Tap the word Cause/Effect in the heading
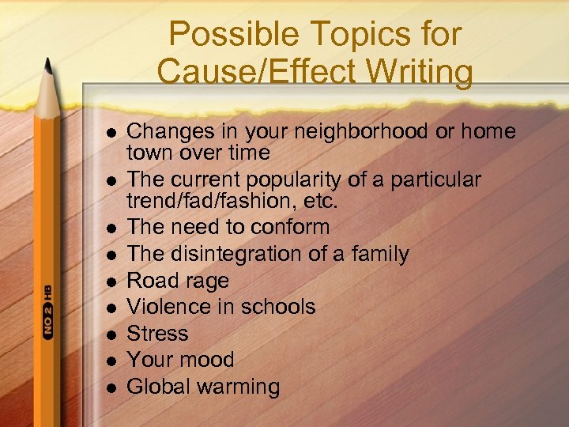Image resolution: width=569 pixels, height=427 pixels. tap(244, 71)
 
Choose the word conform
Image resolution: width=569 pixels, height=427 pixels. tap(290, 227)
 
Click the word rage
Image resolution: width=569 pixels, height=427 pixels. tap(206, 281)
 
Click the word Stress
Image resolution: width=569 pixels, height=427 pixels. tap(158, 333)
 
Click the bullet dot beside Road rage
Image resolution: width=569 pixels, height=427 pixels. tap(111, 282)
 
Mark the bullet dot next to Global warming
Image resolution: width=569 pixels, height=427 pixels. tap(111, 387)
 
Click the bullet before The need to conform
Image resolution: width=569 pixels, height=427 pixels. tap(111, 228)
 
